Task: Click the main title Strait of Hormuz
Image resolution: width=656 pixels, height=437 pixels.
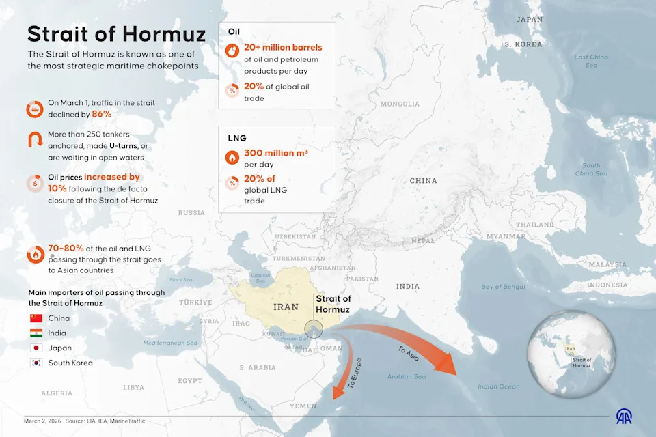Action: (x=116, y=34)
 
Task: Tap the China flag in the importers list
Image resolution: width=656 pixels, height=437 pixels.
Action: (x=36, y=318)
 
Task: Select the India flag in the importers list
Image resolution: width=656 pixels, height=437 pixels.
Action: (x=36, y=333)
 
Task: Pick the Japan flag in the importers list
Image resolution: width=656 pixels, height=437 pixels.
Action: (x=36, y=348)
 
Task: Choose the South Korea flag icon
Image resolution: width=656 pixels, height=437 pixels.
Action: (x=36, y=363)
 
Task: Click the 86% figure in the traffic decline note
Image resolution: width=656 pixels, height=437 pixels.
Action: (x=101, y=114)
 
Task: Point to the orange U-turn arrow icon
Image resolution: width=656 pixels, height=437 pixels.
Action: (x=35, y=141)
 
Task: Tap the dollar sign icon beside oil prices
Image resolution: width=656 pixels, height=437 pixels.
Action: (x=35, y=183)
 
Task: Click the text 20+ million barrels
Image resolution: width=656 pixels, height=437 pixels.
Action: (x=283, y=48)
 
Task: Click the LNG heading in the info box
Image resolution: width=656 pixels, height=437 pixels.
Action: (x=236, y=138)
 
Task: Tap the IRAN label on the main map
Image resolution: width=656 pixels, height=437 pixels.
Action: (x=286, y=307)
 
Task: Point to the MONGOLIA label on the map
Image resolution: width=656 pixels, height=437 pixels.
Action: (x=400, y=104)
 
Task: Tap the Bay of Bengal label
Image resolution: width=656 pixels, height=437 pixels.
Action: (x=503, y=287)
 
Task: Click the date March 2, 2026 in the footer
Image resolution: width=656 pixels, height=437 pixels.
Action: (x=42, y=421)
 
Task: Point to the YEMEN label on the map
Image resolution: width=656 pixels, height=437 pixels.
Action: (x=303, y=406)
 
